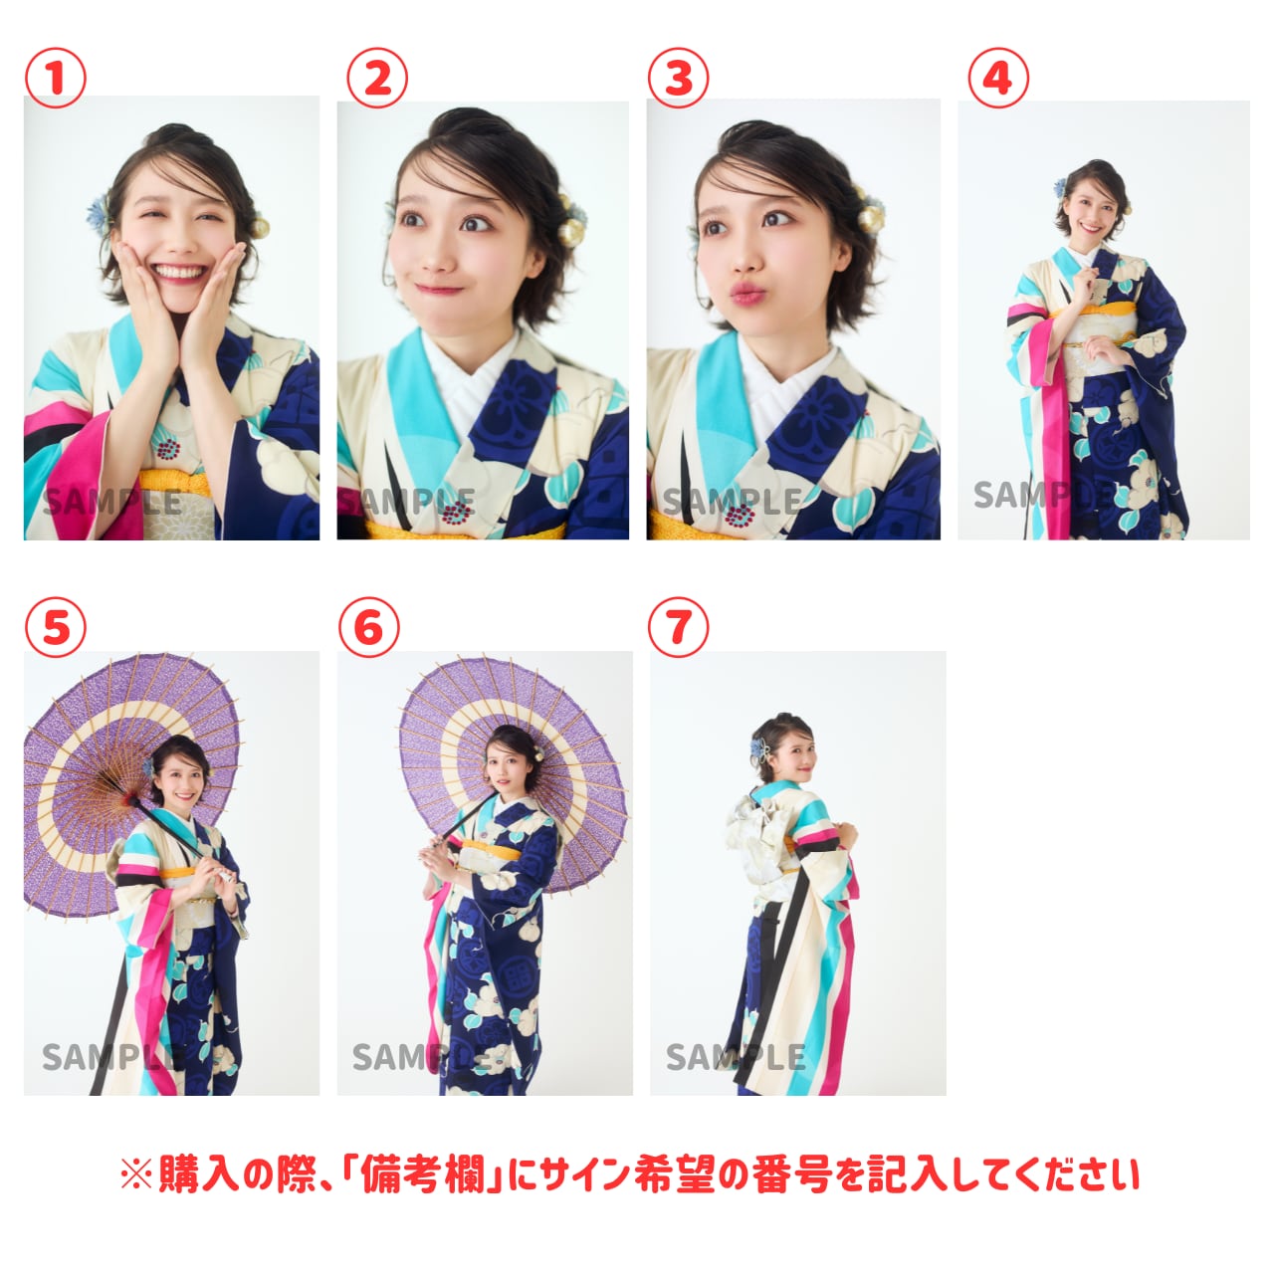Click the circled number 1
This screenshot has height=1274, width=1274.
click(56, 78)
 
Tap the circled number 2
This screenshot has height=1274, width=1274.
click(377, 78)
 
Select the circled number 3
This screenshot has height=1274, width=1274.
click(678, 78)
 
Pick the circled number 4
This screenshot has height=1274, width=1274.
click(998, 78)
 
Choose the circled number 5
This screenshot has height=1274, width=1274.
click(56, 626)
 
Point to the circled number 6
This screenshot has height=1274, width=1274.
click(369, 626)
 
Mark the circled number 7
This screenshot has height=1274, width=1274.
click(678, 626)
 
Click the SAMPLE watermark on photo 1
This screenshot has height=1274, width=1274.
click(112, 503)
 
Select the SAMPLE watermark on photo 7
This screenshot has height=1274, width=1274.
click(736, 1057)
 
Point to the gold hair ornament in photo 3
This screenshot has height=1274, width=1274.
click(869, 213)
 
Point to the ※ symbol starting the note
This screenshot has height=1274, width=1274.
click(136, 1173)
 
